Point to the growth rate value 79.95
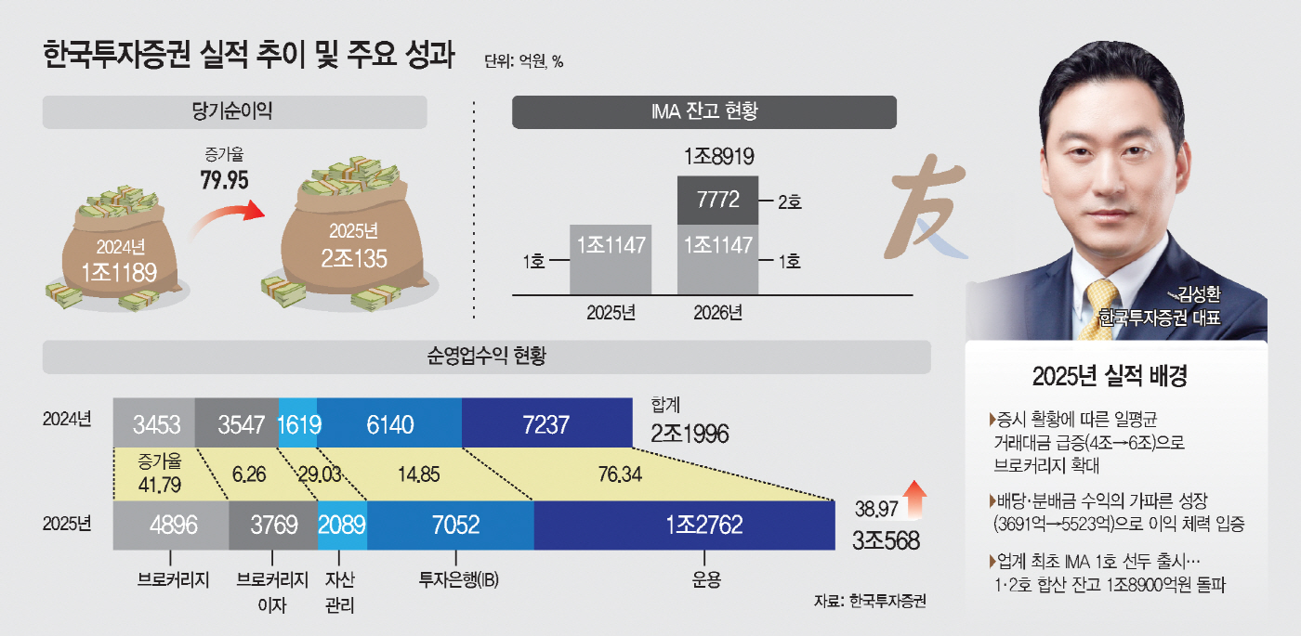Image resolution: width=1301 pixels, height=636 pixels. click(x=224, y=179)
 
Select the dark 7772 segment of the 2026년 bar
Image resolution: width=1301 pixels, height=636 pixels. click(x=717, y=200)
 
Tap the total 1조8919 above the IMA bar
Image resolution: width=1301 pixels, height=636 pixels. click(x=717, y=157)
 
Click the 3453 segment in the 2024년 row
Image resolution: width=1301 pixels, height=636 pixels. click(x=153, y=424)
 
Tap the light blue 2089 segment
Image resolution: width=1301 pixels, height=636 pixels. click(x=342, y=526)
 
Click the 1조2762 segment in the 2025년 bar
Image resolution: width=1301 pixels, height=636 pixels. click(x=685, y=526)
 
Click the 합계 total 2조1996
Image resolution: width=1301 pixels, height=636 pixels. click(x=689, y=434)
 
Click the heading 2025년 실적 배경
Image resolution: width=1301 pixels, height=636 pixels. click(x=1115, y=377)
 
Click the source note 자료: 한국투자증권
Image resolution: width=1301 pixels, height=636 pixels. click(x=870, y=601)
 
